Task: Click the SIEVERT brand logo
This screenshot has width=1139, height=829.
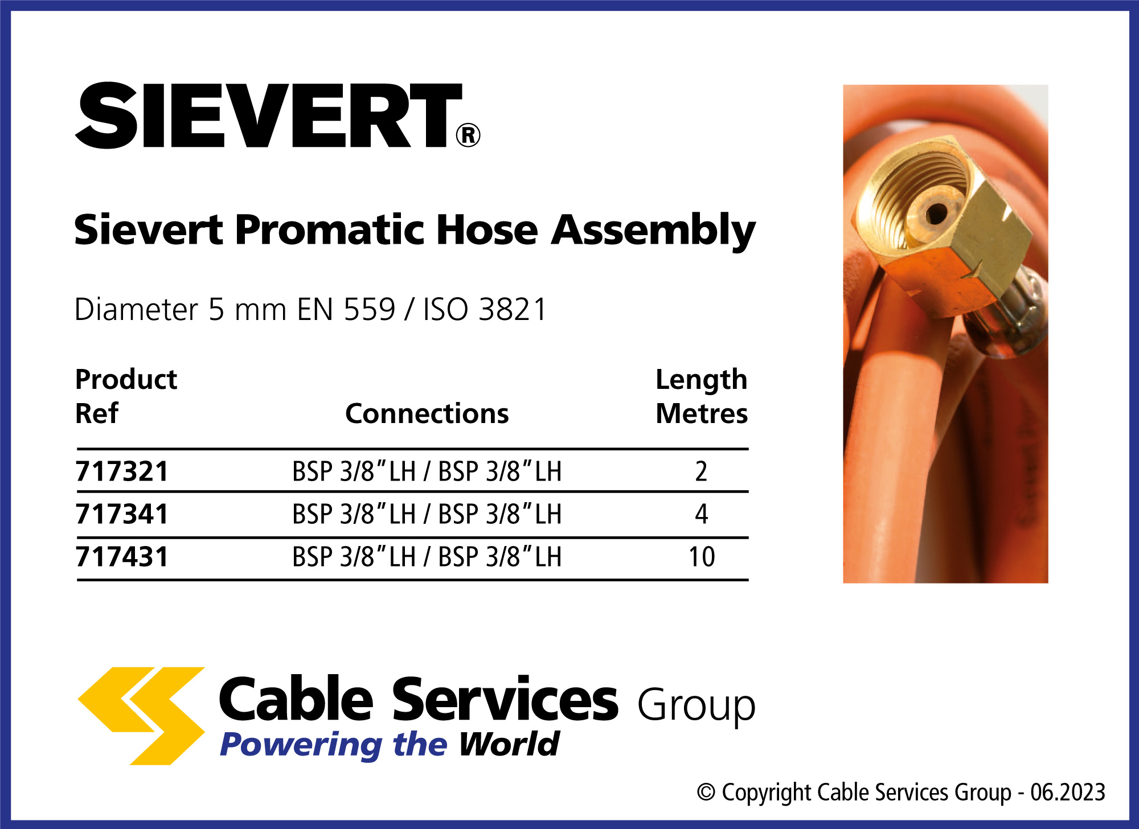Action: tap(278, 116)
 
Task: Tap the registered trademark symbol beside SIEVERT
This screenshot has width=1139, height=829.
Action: tap(468, 136)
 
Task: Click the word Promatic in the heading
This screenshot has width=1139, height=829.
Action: tap(329, 229)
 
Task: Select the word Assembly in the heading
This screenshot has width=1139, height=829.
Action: tap(653, 231)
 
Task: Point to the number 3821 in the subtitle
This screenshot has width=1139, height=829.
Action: tap(513, 309)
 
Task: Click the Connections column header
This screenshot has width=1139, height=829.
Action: tap(427, 413)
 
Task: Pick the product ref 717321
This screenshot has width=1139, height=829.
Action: tap(122, 471)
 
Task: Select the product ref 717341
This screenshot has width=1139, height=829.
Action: tap(122, 514)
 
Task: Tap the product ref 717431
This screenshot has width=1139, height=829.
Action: tap(122, 557)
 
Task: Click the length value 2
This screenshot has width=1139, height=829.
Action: tap(701, 471)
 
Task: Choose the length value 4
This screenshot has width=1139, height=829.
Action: tap(701, 514)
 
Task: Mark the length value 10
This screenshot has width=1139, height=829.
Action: tap(702, 557)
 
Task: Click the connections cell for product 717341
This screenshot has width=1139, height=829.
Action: tap(427, 514)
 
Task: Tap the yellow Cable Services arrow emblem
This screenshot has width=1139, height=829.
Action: tap(141, 716)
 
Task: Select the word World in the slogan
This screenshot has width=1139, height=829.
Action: tap(509, 744)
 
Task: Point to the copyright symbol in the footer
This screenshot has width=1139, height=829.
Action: tap(706, 792)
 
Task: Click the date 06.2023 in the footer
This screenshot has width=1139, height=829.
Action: tap(1068, 792)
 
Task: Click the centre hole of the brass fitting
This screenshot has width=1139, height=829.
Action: tap(936, 215)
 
